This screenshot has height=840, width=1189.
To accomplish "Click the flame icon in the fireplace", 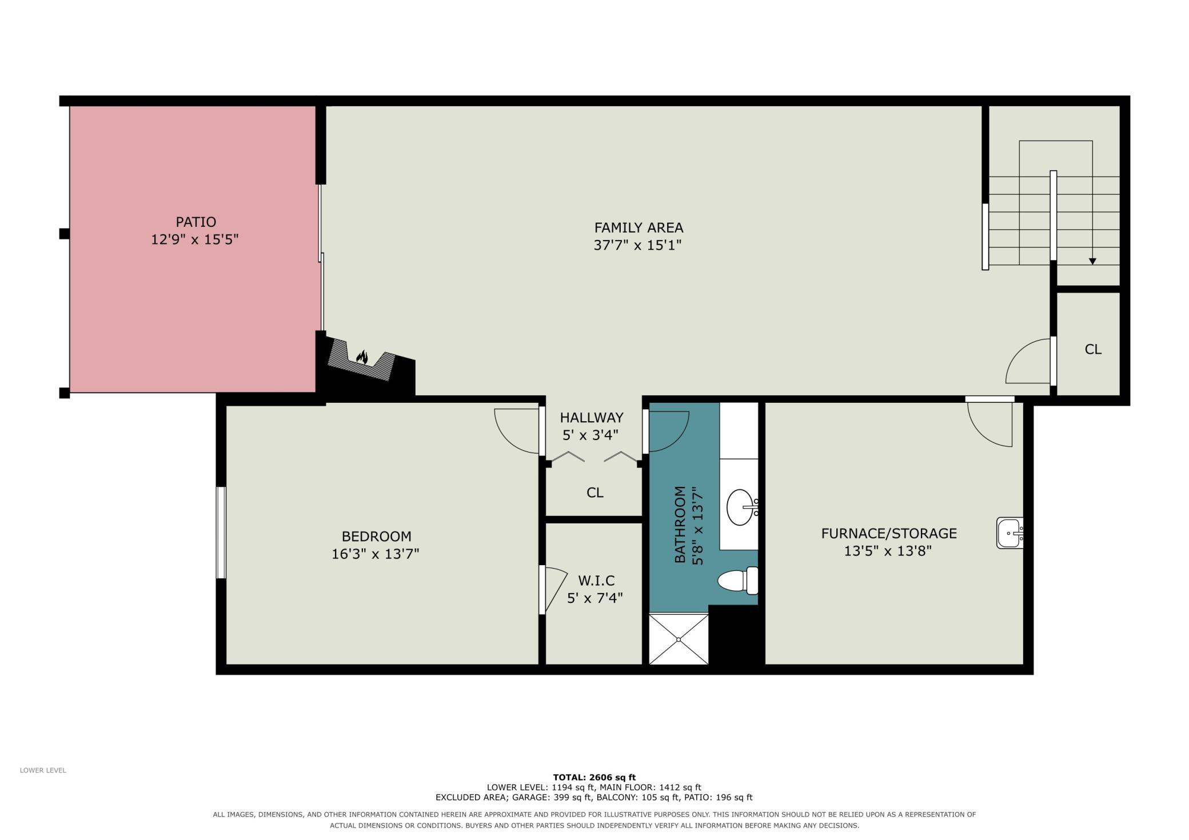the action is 362,357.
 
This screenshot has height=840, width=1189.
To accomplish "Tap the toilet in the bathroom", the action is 737,581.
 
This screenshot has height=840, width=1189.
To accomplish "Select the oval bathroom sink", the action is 741,507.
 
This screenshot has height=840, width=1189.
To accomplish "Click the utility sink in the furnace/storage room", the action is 1010,533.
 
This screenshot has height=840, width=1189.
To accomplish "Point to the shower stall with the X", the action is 679,639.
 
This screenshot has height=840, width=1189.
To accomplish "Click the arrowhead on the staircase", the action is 1092,261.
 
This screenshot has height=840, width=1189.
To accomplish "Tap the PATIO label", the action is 195,222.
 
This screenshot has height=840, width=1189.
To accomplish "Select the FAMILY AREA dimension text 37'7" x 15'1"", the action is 638,245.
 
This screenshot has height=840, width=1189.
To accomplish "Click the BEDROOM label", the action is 376,537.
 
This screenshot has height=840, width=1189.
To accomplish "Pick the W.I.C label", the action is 596,581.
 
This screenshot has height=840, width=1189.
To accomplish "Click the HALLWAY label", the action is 592,418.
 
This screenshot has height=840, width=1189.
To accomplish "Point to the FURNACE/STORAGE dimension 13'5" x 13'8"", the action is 888,551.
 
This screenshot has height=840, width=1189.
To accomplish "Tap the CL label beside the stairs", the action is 1093,349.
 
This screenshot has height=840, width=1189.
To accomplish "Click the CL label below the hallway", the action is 594,493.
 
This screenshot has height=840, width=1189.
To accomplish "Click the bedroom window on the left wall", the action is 221,533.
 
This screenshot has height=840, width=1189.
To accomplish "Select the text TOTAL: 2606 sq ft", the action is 594,777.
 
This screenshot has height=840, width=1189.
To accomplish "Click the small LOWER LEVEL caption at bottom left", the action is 43,770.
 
